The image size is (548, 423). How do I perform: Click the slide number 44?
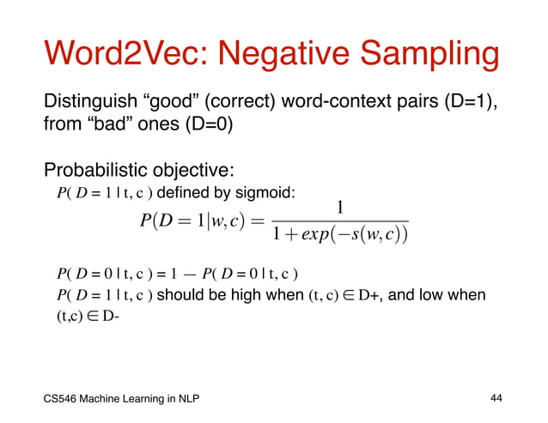click(x=496, y=398)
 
